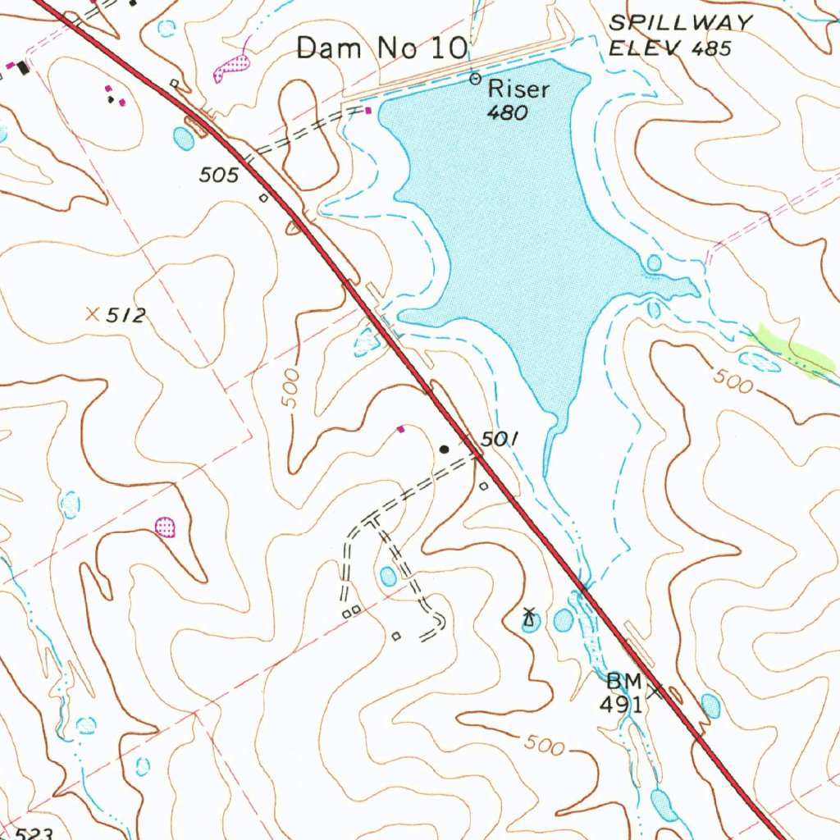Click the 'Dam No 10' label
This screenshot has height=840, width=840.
coord(381,48)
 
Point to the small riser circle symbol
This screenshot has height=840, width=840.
coord(475,79)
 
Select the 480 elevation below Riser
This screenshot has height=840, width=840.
coord(507,114)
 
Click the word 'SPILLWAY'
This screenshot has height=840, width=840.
coord(680,23)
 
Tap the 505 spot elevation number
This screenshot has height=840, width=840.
coord(219,175)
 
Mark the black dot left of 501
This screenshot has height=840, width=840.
coord(445,449)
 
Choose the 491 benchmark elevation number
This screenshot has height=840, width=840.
coord(620,703)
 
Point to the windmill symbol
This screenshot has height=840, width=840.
coord(531,616)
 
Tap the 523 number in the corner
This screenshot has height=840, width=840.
coord(34,833)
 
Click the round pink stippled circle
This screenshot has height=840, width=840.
coord(166,525)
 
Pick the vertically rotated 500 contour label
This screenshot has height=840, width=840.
coord(290,389)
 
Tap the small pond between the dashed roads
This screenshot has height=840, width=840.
coord(387,577)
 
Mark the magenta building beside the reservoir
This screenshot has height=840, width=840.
coord(369,110)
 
